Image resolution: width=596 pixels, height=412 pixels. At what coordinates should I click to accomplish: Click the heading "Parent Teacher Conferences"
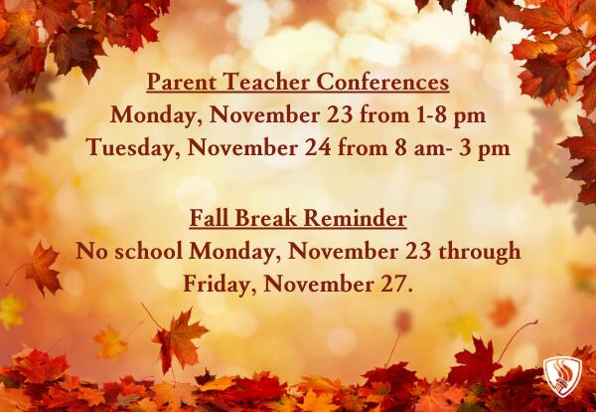(298, 82)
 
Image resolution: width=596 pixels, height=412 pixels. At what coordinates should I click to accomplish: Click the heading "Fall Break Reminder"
(298, 218)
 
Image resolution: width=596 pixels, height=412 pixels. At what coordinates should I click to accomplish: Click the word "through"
(482, 251)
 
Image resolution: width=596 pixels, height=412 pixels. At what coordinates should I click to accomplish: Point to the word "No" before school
(92, 251)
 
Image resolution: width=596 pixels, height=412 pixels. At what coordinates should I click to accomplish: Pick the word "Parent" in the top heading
(182, 82)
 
